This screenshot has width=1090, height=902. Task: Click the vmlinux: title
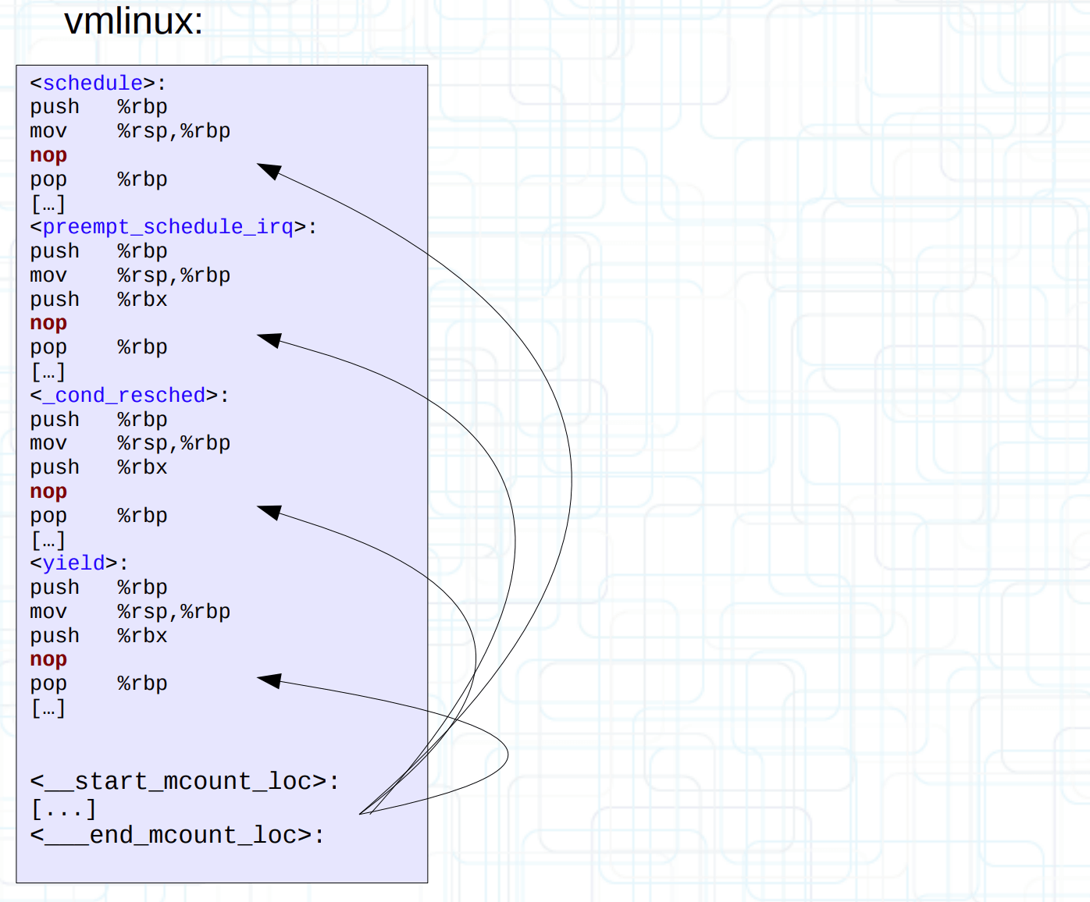133,22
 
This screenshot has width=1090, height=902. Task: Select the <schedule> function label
98,83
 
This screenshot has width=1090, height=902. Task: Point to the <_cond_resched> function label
130,396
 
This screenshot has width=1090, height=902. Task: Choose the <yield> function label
79,563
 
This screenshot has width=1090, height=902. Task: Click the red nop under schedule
48,155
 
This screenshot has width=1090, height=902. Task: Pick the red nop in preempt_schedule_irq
48,323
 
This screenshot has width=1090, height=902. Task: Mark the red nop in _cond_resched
48,492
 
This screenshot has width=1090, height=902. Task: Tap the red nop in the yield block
48,659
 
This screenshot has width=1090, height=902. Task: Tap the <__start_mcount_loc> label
184,781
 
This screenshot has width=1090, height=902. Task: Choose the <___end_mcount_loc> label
176,835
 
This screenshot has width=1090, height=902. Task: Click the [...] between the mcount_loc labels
63,808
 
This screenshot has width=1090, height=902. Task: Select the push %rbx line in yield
98,636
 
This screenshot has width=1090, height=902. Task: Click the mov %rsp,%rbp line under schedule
130,131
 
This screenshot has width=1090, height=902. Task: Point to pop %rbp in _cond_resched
98,516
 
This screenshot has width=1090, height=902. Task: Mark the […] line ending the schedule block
48,204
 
